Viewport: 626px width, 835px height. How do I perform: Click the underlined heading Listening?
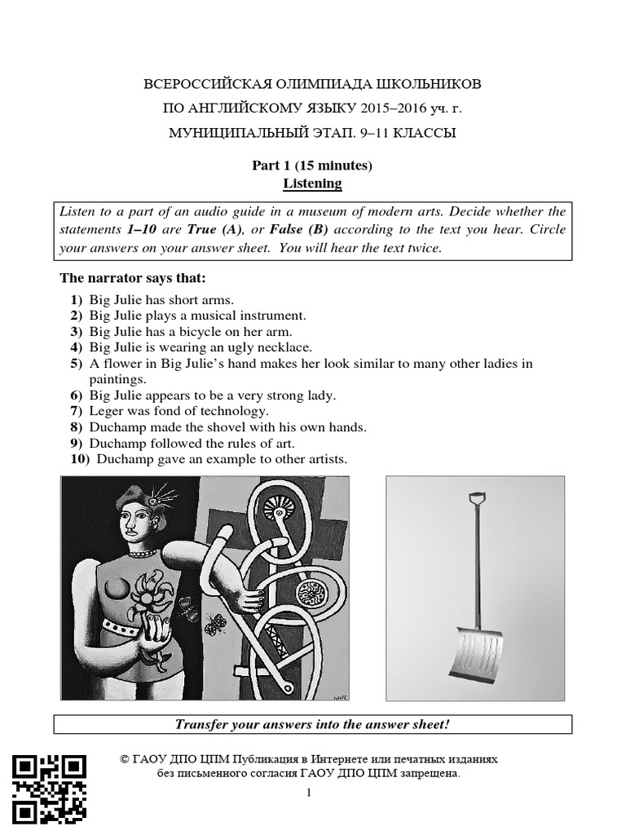312,183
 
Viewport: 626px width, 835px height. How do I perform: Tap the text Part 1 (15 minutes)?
312,166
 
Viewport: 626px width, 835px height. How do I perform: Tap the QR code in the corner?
49,789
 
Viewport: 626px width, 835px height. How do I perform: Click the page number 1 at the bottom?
311,793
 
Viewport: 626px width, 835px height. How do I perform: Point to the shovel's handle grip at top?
479,498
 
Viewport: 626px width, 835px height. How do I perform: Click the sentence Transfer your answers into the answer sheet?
312,725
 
